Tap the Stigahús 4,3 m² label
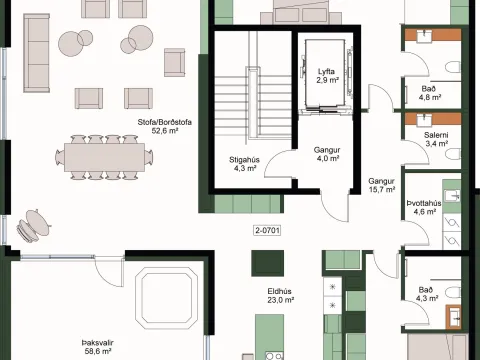pos(244,164)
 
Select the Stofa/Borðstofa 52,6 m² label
pos(165,126)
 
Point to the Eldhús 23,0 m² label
pos(280,296)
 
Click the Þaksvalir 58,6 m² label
pos(98,347)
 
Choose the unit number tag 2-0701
pos(267,230)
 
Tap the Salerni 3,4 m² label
pos(436,139)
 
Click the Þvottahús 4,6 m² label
pos(424,207)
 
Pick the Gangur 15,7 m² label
pos(382,185)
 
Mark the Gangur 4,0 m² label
pos(327,154)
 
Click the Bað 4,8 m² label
pos(430,93)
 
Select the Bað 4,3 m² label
pos(427,294)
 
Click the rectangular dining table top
pos(105,157)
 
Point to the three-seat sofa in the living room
pos(37,53)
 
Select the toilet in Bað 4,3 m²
pos(453,293)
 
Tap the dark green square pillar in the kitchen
pos(267,263)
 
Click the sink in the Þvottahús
pos(452,196)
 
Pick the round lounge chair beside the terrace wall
pos(33,225)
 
